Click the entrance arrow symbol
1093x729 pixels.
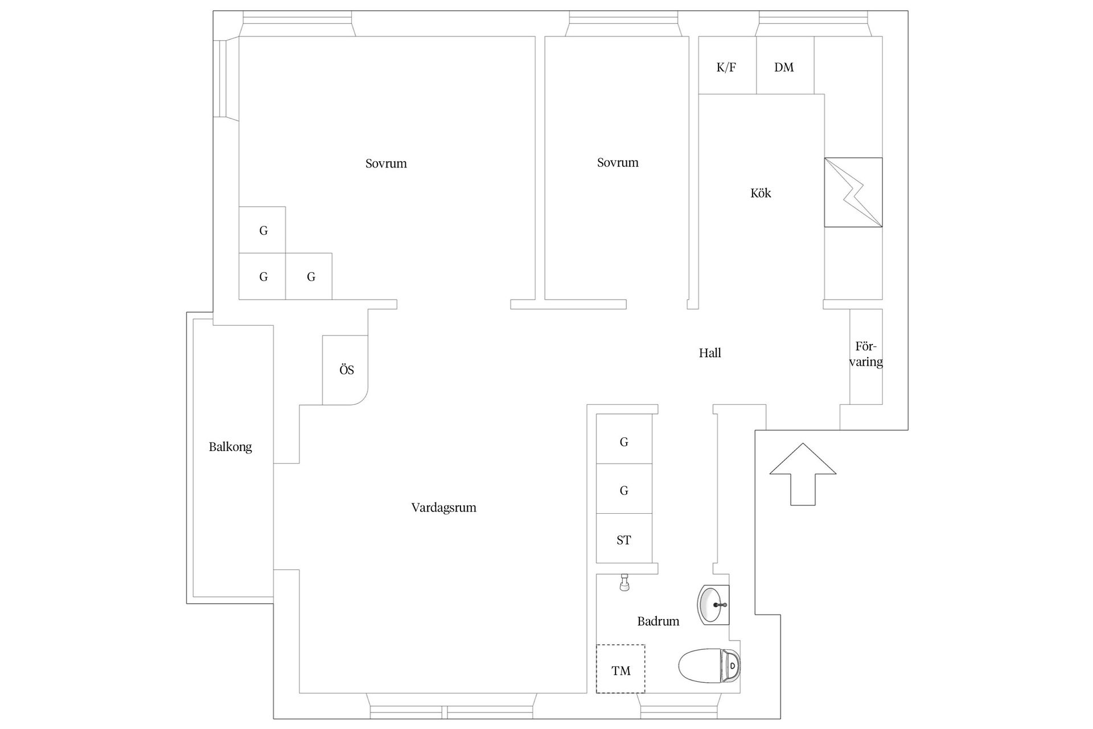803,474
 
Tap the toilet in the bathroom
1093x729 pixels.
709,665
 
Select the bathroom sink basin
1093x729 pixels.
713,605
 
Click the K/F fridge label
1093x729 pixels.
726,67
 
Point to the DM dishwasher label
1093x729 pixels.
784,67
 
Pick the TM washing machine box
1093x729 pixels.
621,669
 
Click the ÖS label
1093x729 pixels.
347,370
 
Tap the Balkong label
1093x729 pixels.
230,447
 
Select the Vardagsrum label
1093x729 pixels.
443,507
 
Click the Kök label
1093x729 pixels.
761,193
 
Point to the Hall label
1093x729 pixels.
710,353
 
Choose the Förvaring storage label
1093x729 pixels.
866,354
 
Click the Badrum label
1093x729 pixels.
658,621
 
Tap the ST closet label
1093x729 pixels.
624,540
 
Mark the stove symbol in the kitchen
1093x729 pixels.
853,193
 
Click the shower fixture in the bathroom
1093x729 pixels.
624,583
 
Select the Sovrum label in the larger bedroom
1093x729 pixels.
386,163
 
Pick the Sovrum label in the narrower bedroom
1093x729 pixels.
618,162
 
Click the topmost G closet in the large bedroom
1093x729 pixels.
262,230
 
